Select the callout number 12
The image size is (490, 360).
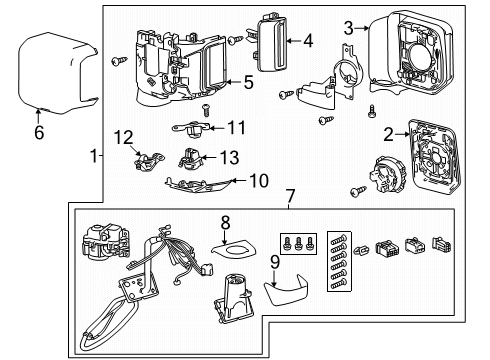click(122, 136)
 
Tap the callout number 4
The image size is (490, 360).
click(308, 41)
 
